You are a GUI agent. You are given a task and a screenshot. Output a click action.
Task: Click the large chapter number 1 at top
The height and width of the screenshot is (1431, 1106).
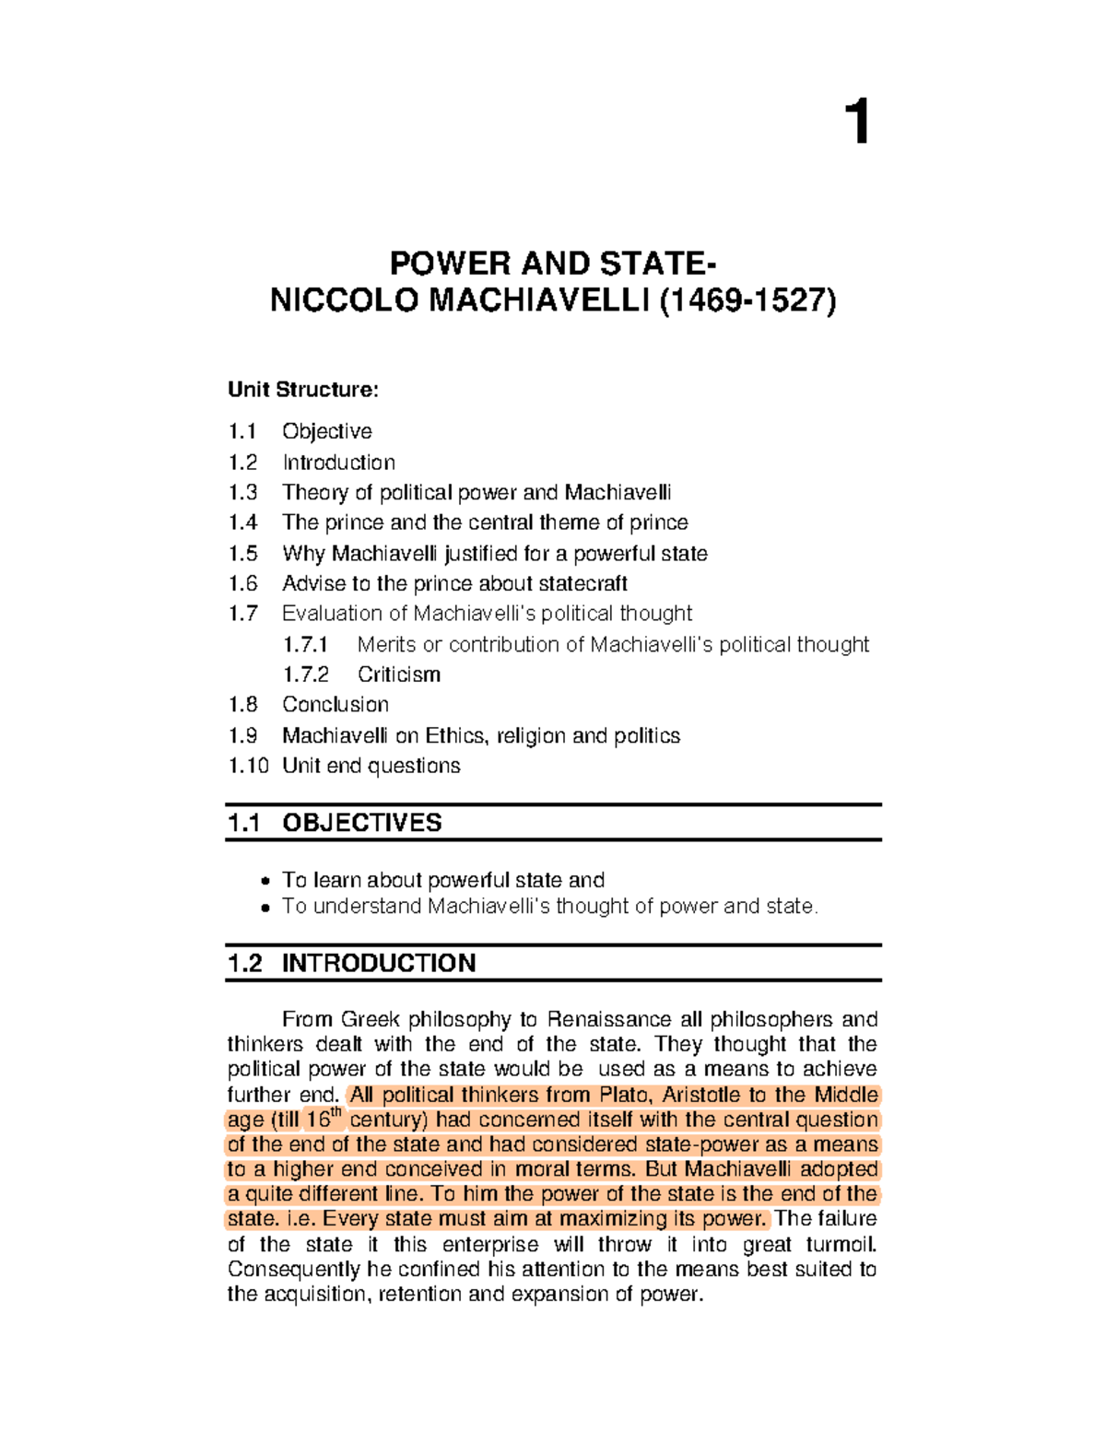tap(857, 123)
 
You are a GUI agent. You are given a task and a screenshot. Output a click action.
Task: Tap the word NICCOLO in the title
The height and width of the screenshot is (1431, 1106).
tap(343, 301)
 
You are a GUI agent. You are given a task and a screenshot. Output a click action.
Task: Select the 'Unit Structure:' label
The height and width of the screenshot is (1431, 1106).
tap(302, 390)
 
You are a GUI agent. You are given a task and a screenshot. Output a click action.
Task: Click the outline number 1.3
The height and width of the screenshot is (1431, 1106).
tap(243, 492)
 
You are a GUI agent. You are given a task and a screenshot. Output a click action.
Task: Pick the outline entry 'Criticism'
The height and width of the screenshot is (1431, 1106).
tap(398, 674)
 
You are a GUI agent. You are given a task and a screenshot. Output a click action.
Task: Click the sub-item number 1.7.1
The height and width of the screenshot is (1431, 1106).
tap(305, 644)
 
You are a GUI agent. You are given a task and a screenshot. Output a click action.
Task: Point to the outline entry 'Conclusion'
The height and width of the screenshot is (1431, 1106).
tap(335, 705)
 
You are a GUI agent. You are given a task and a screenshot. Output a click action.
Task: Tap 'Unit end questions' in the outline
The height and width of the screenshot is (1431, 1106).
tap(371, 766)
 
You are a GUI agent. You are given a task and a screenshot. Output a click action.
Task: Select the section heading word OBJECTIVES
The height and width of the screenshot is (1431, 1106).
tap(361, 823)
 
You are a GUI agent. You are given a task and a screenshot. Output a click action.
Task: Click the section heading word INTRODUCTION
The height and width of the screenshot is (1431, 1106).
tap(379, 963)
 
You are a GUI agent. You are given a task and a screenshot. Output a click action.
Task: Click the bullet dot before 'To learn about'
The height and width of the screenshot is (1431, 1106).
tap(265, 881)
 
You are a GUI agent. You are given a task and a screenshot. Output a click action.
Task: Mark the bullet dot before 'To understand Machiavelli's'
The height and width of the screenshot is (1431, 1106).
tap(265, 908)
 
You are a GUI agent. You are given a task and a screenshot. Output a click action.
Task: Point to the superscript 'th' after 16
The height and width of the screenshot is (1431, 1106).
tap(336, 1112)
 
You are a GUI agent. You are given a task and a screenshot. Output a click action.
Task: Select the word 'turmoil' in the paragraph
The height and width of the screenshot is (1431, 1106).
tap(840, 1244)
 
